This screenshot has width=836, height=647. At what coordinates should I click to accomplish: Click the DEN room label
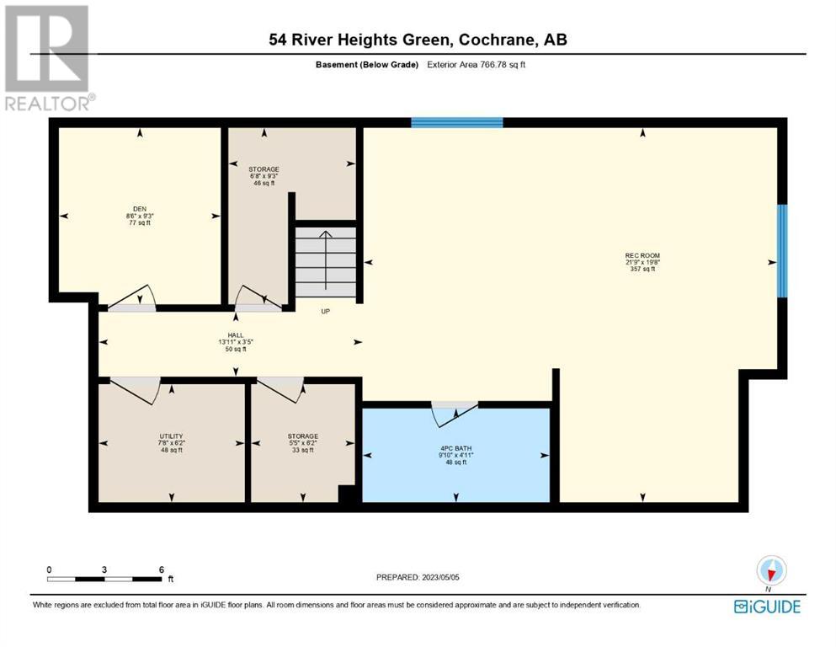pyautogui.click(x=140, y=209)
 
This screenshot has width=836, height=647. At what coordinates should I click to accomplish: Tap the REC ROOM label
pyautogui.click(x=642, y=255)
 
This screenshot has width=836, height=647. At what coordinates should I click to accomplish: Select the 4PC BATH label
pyautogui.click(x=455, y=448)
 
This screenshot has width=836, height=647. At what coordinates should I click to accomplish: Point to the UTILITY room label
pyautogui.click(x=171, y=436)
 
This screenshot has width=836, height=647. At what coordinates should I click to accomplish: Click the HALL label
pyautogui.click(x=236, y=335)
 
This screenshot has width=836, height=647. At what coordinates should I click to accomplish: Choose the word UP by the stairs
pyautogui.click(x=325, y=312)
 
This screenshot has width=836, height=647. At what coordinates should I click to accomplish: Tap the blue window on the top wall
pyautogui.click(x=457, y=123)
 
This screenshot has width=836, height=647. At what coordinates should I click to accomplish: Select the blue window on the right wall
pyautogui.click(x=782, y=251)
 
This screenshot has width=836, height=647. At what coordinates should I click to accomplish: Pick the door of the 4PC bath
pyautogui.click(x=455, y=414)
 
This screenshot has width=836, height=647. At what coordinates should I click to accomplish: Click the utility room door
pyautogui.click(x=136, y=389)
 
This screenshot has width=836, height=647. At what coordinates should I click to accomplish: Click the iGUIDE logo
pyautogui.click(x=767, y=607)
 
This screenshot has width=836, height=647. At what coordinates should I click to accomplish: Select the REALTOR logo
pyautogui.click(x=49, y=58)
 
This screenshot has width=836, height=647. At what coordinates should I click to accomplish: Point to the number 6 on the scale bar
pyautogui.click(x=162, y=569)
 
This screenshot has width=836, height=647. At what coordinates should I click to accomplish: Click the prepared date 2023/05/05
pyautogui.click(x=440, y=577)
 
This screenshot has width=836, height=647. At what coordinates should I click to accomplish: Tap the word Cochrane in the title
pyautogui.click(x=497, y=40)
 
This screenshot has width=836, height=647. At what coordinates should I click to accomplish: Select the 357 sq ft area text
pyautogui.click(x=642, y=269)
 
